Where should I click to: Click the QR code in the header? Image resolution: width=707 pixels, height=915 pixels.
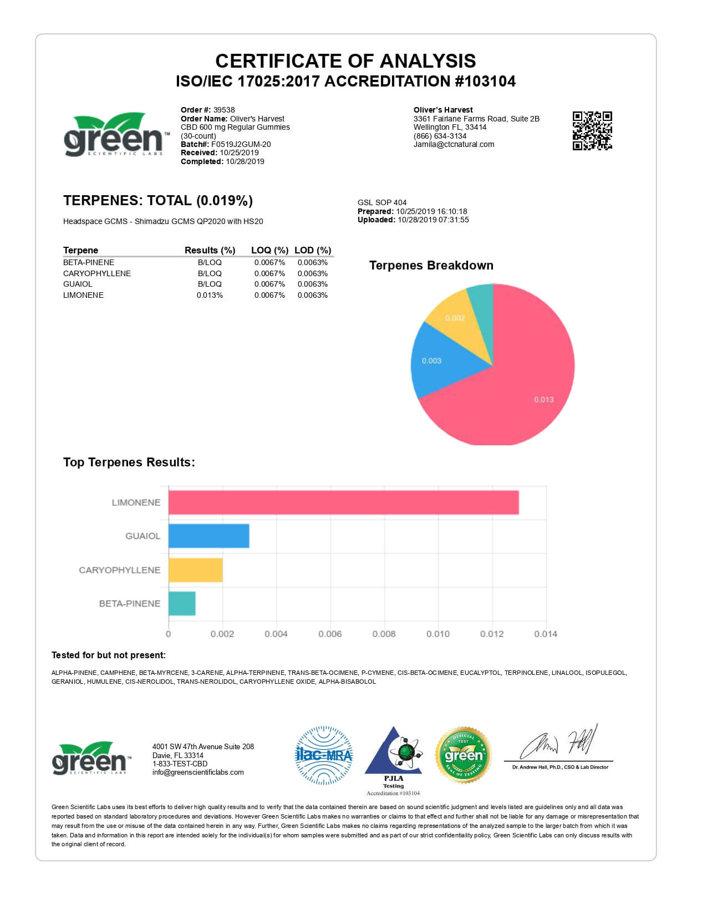[x=592, y=131]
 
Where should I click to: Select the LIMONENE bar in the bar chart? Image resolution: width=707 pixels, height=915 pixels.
[x=343, y=502]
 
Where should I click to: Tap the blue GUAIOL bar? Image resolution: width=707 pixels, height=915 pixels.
[x=208, y=536]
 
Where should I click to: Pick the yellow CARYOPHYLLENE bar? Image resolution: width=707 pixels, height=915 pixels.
[x=195, y=570]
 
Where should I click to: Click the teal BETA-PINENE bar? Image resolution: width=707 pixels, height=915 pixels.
[x=182, y=603]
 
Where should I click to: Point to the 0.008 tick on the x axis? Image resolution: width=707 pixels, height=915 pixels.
[x=384, y=634]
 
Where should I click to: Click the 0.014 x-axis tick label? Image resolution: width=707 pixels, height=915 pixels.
[x=546, y=634]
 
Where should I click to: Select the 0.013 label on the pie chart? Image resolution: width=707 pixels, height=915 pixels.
[x=543, y=399]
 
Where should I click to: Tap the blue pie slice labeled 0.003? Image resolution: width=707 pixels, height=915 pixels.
[x=438, y=360]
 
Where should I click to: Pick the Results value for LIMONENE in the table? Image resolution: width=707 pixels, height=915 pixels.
[x=210, y=295]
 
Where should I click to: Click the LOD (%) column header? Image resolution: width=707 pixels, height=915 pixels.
[x=313, y=250]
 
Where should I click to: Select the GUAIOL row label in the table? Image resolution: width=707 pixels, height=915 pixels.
[x=78, y=284]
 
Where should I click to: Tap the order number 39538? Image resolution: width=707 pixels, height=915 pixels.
[x=224, y=110]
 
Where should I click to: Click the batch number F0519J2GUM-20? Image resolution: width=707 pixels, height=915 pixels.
[x=241, y=144]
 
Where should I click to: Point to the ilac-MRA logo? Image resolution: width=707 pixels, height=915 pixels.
[x=324, y=755]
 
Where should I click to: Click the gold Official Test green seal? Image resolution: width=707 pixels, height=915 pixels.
[x=464, y=755]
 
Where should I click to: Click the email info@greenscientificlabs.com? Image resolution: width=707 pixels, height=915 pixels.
[x=198, y=772]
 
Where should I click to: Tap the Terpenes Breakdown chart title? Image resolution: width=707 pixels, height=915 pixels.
[x=431, y=265]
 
